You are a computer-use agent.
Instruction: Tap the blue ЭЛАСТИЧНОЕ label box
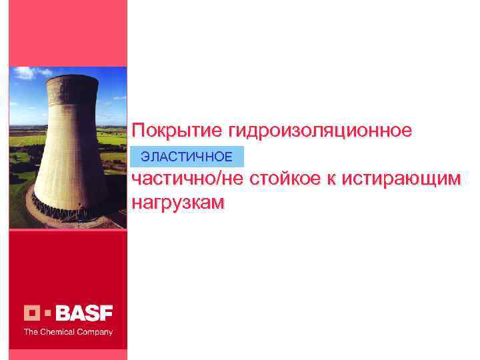[188, 157]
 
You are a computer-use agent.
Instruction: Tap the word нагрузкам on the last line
[179, 201]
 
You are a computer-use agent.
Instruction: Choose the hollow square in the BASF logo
[33, 313]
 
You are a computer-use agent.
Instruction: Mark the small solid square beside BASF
[47, 313]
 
